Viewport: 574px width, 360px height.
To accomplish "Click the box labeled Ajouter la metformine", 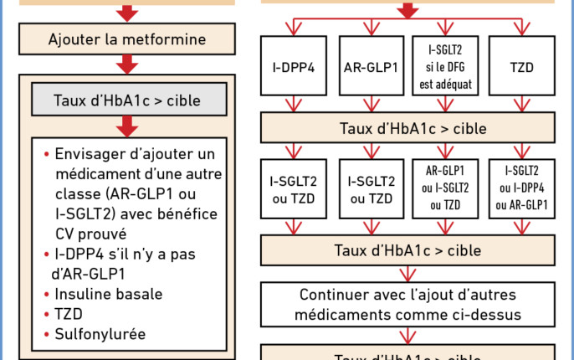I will (x=127, y=39).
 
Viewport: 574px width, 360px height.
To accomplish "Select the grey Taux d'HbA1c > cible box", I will (x=129, y=99).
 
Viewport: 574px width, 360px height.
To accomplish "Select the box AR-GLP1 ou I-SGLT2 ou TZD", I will (x=446, y=188).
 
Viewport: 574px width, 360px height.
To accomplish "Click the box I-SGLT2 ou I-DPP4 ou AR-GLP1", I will (x=522, y=188).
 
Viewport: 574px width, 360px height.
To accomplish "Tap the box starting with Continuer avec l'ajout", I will (x=407, y=305).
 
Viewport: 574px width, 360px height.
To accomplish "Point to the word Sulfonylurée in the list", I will (x=100, y=334).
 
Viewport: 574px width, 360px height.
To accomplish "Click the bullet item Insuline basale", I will (x=109, y=294).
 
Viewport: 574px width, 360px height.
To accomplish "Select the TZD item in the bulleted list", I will (x=69, y=314).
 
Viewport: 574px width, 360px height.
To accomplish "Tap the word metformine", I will (x=164, y=39).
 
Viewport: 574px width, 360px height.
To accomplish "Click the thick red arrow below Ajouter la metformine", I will (x=127, y=64).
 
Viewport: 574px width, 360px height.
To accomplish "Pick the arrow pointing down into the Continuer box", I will (x=407, y=272).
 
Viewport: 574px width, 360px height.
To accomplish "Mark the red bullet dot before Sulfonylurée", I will (x=45, y=335).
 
